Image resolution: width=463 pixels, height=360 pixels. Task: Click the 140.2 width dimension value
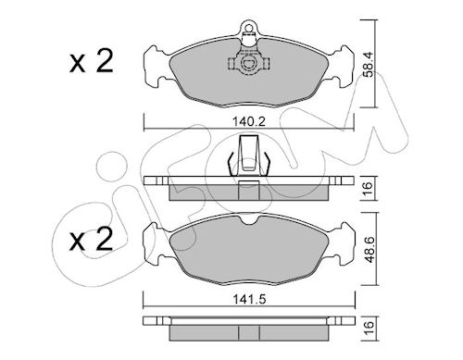[x=249, y=122]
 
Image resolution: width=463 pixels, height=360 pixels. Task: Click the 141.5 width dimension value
[x=249, y=299]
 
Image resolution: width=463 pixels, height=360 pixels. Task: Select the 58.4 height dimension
[x=369, y=64]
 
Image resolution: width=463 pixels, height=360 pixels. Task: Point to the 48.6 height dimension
[x=369, y=250]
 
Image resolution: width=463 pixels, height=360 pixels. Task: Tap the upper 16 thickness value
[x=368, y=188]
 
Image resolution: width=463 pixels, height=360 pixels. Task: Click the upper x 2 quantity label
[x=92, y=62]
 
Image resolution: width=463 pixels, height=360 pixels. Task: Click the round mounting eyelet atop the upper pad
[x=248, y=27]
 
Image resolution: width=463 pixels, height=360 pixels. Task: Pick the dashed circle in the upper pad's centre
[x=248, y=64]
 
